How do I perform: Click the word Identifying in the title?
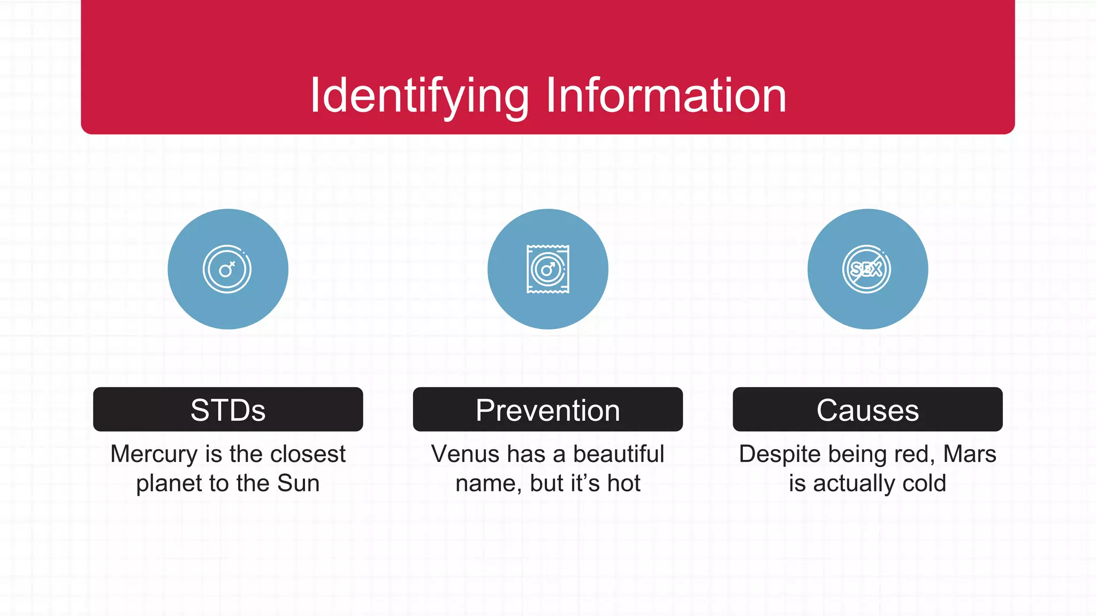419,96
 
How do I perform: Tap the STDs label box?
228,410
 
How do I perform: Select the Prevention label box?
547,410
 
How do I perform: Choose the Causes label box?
867,410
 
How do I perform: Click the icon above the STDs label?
227,269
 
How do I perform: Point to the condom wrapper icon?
547,269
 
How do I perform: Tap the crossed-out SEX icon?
867,269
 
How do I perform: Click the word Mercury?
154,455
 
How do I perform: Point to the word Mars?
969,455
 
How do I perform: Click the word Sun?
299,483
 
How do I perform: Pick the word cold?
924,483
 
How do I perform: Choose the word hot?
623,483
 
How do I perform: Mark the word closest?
308,455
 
